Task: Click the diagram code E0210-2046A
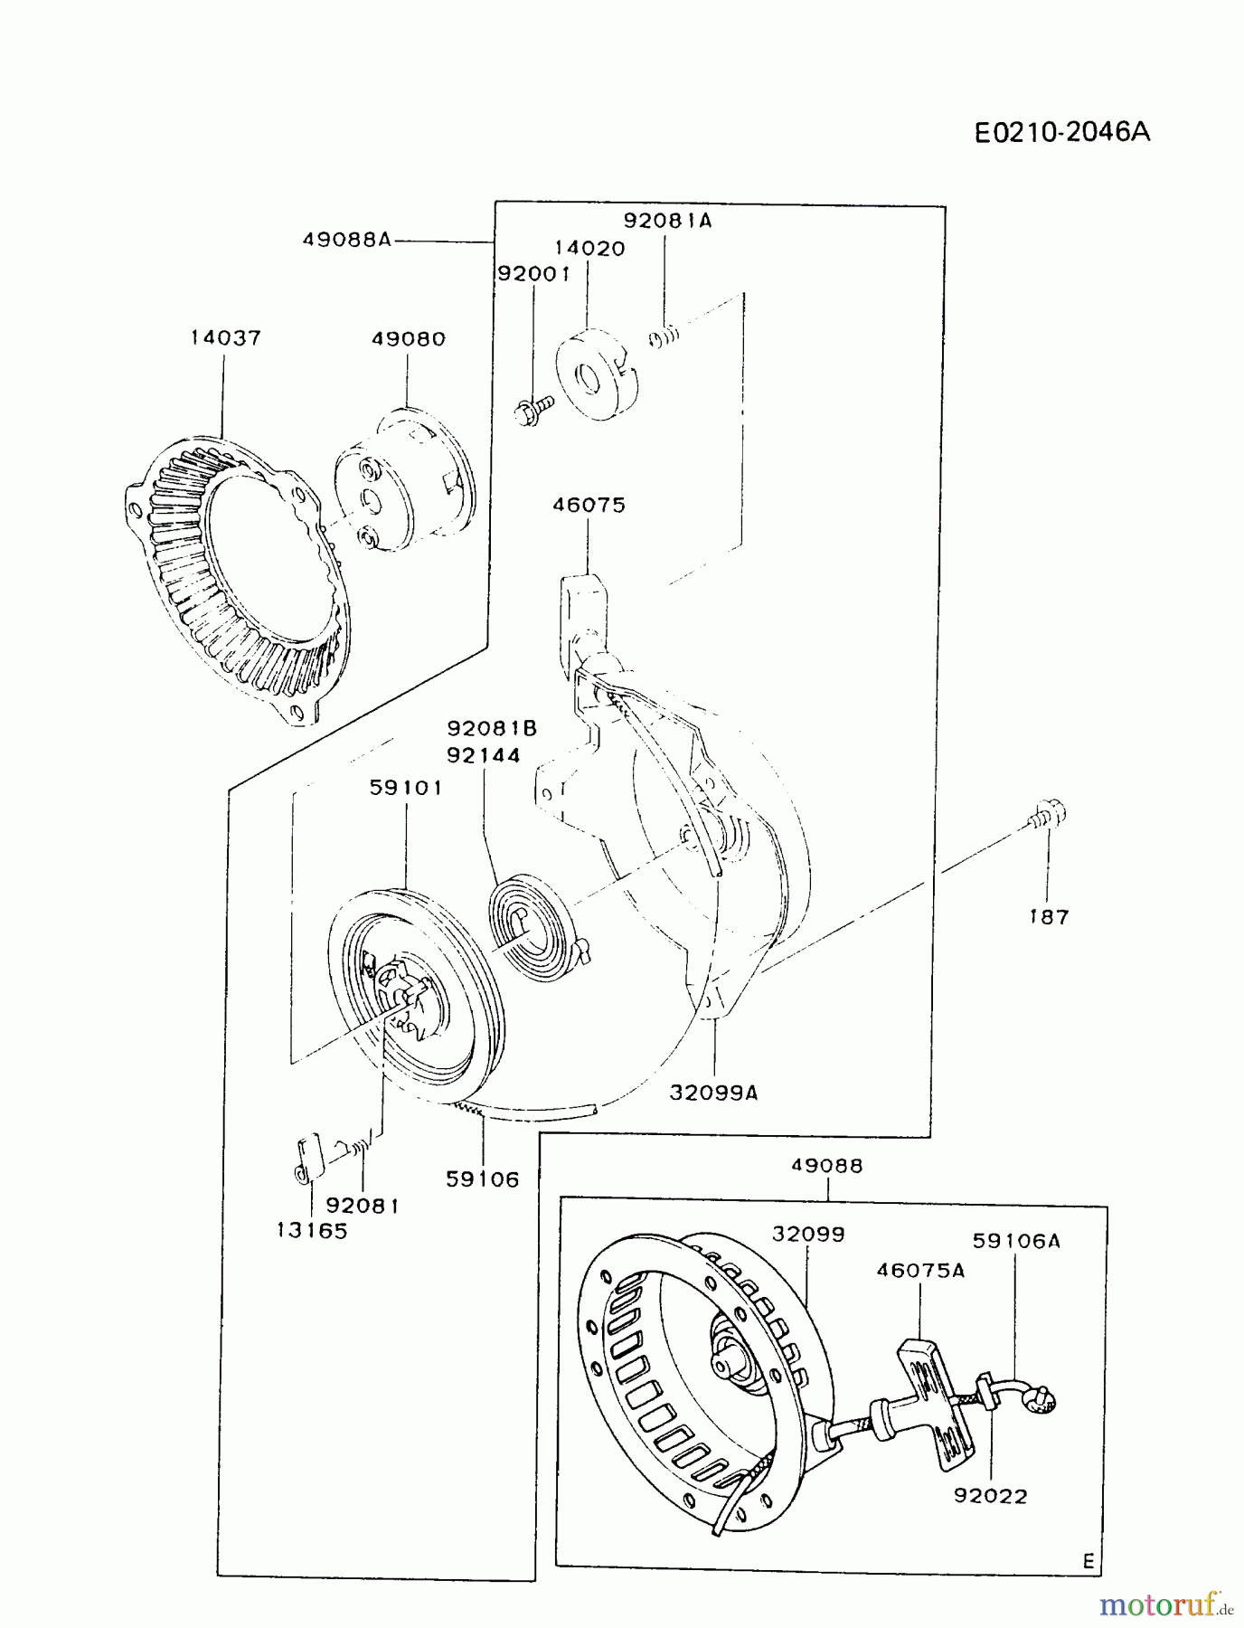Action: [1062, 132]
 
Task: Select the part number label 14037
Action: [225, 338]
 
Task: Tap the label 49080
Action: [409, 339]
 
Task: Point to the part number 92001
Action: [533, 273]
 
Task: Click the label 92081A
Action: [667, 221]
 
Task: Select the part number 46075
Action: [589, 505]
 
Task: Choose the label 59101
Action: [406, 788]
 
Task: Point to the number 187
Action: [1049, 917]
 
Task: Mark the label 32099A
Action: [713, 1093]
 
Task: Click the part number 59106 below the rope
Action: [483, 1179]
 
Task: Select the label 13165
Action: [312, 1231]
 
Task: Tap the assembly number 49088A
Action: [347, 240]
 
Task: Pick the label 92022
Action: [991, 1497]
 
